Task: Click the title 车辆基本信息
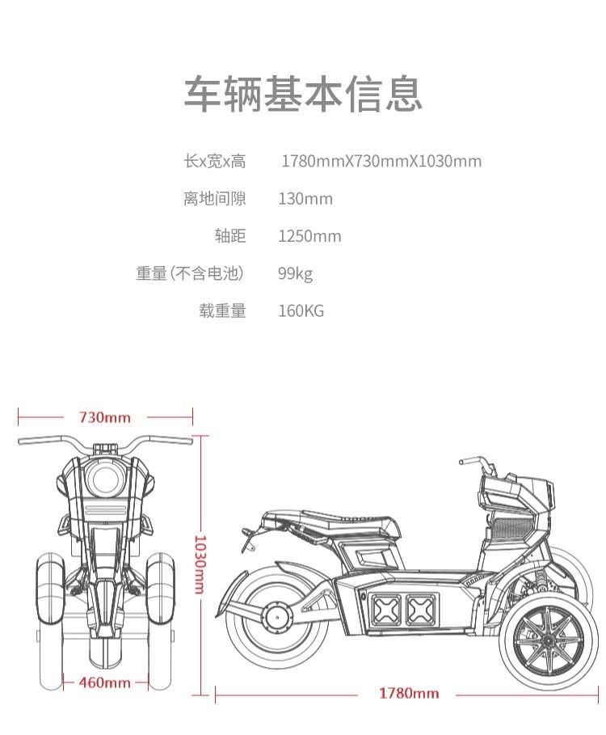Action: (303, 94)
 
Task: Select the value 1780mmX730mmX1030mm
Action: (381, 161)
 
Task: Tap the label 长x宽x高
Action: (214, 161)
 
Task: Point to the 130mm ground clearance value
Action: (305, 199)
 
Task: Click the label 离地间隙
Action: (214, 199)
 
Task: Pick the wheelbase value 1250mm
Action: (309, 236)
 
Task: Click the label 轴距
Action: (230, 236)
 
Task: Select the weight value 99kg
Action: (295, 274)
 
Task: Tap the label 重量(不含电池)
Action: (190, 273)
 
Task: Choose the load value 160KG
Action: (301, 310)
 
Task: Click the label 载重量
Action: (222, 310)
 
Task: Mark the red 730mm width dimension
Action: (105, 417)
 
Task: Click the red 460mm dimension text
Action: (105, 682)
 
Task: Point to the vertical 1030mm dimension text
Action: (200, 565)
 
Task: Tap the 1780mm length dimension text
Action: (409, 693)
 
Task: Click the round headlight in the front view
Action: (105, 479)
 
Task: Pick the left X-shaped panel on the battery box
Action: (386, 610)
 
